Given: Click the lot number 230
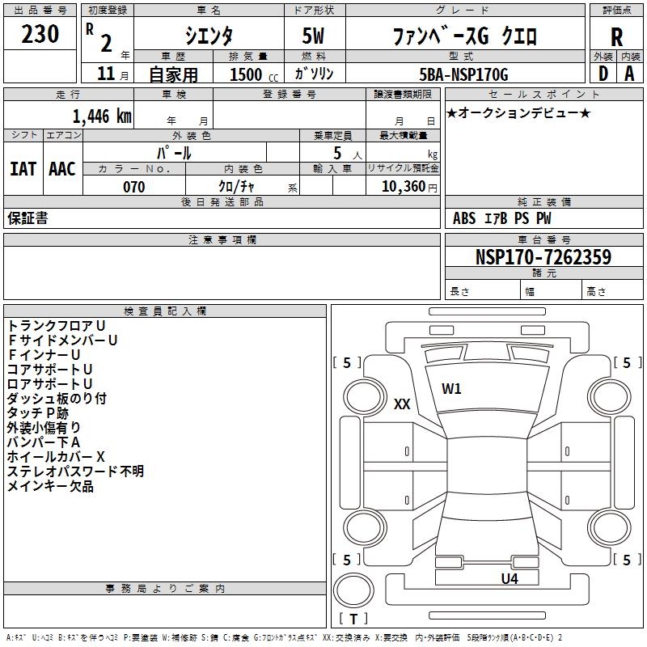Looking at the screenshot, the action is pos(40,34).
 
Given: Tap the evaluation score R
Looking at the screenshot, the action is pos(616,36).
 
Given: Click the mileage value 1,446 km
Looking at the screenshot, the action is pos(101,116).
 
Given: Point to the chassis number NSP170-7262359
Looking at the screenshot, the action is pos(543,257).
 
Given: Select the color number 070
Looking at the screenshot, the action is pos(133,187).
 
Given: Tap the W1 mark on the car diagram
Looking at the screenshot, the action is pos(451,388).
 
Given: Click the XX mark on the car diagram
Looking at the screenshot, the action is pos(402,404).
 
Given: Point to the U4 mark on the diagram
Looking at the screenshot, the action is pos(509,578).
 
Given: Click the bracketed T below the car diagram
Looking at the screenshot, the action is pos(353,620).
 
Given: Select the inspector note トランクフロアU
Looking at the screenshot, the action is pos(57,325).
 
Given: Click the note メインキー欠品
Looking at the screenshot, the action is pos(50,485).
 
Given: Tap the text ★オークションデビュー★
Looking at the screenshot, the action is pos(518,112).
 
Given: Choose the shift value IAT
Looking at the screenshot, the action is pos(23,168).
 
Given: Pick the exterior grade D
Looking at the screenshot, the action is pos(603,74).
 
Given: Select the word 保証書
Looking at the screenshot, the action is pos(27,218).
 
